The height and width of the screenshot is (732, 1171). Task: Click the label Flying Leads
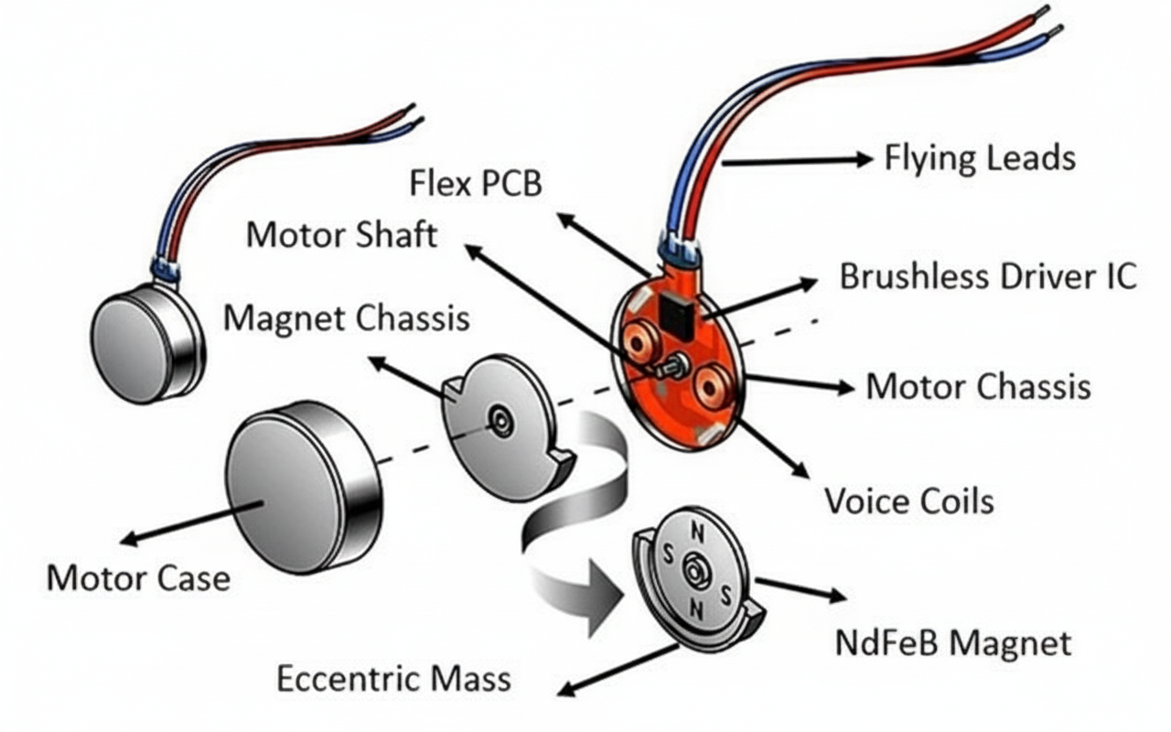point(979,159)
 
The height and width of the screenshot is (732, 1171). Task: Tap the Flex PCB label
point(476,184)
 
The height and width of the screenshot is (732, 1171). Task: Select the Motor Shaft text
point(341,235)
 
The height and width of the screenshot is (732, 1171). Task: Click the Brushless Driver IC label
point(988,275)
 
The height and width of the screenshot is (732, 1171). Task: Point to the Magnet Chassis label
point(346,318)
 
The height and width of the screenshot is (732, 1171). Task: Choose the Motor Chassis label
point(978,386)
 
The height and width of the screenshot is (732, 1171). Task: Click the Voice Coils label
point(908,501)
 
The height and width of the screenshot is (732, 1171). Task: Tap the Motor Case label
point(138,578)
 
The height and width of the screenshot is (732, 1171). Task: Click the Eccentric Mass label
point(393,679)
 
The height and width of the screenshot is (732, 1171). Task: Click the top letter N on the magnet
point(697,532)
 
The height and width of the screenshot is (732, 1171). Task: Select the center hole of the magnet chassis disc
point(500,420)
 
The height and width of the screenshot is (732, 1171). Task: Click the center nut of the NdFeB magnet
point(695,572)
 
